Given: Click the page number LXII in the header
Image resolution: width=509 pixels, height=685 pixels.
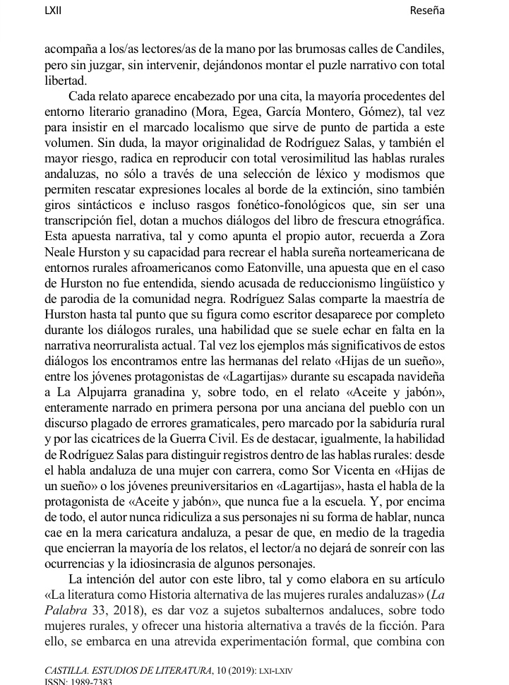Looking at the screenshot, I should (x=54, y=11).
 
